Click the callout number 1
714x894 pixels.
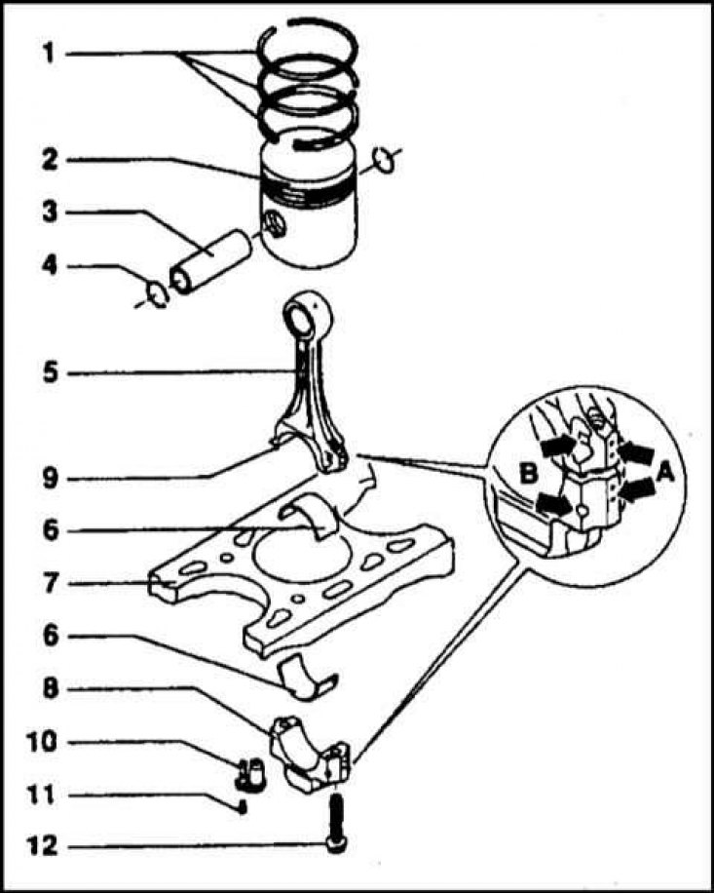pos(46,53)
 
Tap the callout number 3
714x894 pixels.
pos(46,211)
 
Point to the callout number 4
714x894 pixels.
pos(46,266)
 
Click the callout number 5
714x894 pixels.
pos(46,371)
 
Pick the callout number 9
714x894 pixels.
pos(46,478)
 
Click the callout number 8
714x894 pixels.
pos(46,689)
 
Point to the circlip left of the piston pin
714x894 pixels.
pos(156,292)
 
